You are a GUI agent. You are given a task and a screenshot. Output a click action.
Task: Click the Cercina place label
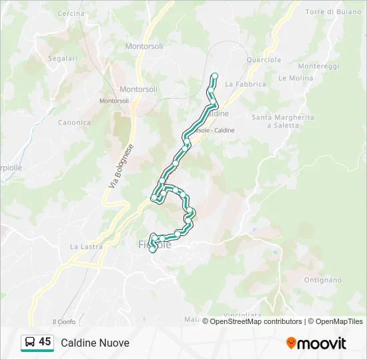coord(71,13)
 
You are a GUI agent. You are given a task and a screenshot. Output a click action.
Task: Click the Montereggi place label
coord(319,67)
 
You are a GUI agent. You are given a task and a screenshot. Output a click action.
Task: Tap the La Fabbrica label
coord(246,84)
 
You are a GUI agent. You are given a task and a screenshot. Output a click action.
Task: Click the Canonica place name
coord(74,123)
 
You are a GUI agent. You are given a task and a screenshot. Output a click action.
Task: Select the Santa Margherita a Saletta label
coord(282,121)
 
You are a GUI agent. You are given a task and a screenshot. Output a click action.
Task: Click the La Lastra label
coord(84,247)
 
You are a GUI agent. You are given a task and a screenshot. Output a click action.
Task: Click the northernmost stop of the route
coord(215,76)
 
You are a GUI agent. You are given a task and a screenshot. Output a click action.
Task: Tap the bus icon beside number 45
coord(30,343)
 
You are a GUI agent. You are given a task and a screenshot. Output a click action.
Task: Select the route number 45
coord(45,342)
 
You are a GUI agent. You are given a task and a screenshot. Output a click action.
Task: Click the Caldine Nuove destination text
coord(95,343)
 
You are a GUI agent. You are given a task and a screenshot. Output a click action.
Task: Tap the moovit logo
coord(316,343)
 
